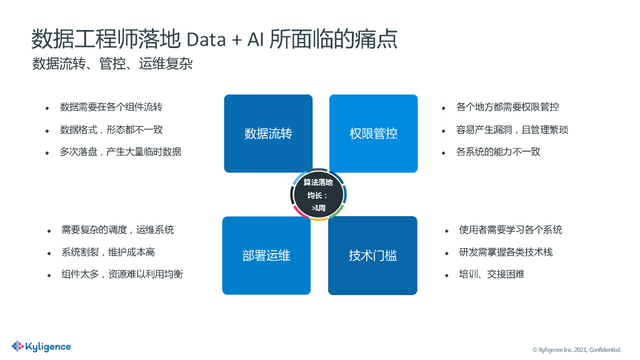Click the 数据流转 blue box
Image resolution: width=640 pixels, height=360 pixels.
point(268,133)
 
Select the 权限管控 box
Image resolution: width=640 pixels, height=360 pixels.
point(373,133)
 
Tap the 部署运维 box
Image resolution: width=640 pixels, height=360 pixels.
point(266,255)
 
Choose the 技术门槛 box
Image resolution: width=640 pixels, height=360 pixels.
point(372,255)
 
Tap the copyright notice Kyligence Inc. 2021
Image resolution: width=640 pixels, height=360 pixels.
point(576,349)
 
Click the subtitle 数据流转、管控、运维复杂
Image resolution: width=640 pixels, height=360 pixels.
point(112,64)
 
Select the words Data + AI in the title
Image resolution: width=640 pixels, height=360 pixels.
point(225,39)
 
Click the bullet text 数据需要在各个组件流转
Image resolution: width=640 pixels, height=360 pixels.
point(111,107)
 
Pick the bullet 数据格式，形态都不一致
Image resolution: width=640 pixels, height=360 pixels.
point(111,129)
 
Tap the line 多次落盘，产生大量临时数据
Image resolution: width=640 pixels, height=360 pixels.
point(121,152)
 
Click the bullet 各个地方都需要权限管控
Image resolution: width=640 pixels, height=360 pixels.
point(507,107)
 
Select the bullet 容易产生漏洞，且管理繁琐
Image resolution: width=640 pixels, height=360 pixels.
point(512,129)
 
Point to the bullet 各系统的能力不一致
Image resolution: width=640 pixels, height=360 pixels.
point(497,152)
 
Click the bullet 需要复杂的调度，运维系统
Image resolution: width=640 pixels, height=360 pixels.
point(117,229)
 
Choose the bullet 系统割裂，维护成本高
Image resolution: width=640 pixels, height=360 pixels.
point(107,252)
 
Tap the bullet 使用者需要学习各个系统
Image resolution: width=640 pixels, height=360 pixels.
point(510,229)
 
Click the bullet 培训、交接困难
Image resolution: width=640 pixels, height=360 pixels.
point(491,274)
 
